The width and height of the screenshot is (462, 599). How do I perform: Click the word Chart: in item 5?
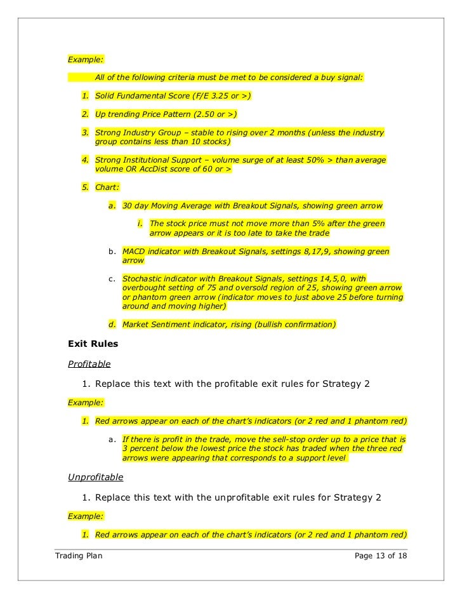[106, 188]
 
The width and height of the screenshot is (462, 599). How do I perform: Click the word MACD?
[134, 252]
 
